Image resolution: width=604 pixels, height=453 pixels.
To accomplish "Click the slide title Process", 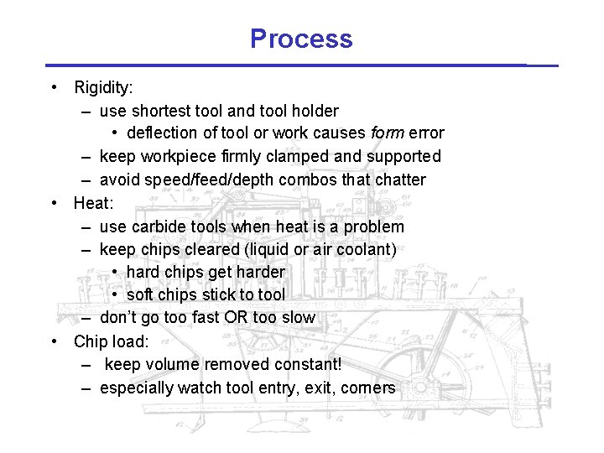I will [301, 39].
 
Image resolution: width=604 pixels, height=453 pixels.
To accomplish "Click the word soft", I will [140, 294].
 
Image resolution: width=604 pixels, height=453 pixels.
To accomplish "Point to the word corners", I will [367, 388].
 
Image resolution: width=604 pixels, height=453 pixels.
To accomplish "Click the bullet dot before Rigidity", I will [54, 87].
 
